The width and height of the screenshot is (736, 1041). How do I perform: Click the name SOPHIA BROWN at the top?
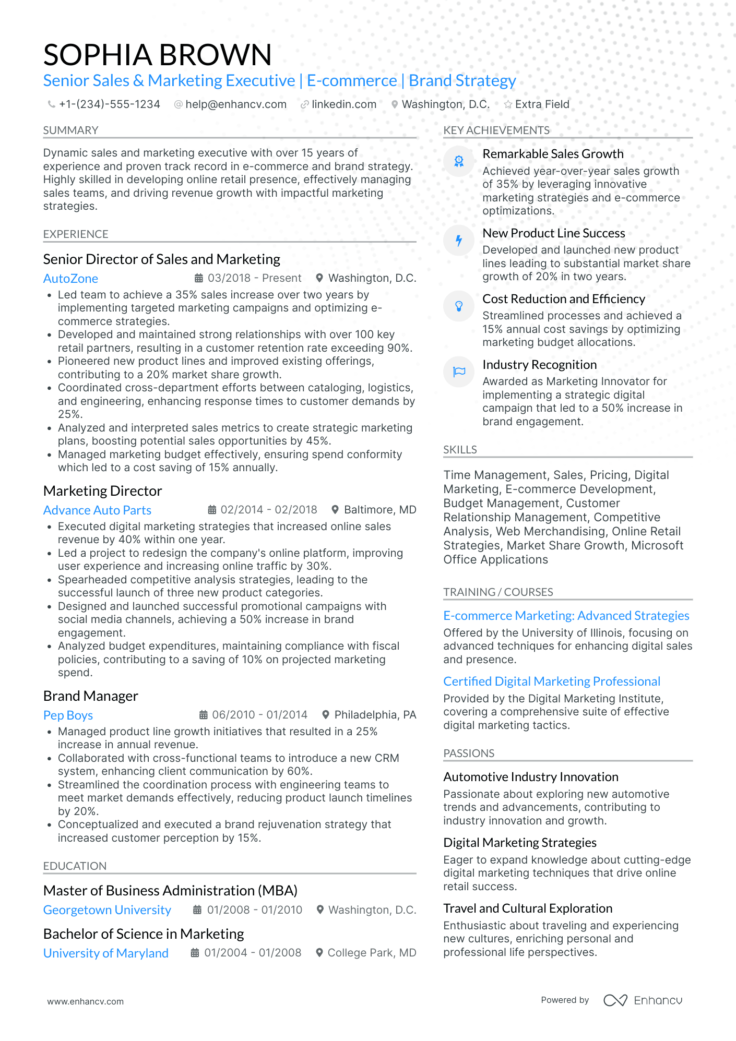click(x=157, y=55)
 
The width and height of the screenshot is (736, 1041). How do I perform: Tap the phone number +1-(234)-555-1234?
click(x=109, y=104)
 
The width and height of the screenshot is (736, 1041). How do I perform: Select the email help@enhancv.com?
click(x=235, y=104)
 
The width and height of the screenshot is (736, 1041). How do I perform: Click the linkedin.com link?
click(x=343, y=104)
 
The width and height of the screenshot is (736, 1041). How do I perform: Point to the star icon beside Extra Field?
click(x=508, y=104)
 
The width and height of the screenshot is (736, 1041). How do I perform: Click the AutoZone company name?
click(x=70, y=279)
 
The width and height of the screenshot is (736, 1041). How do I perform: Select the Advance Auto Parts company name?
click(x=97, y=510)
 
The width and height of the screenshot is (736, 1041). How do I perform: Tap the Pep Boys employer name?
click(x=68, y=715)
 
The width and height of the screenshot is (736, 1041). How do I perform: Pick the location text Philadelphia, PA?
click(x=375, y=715)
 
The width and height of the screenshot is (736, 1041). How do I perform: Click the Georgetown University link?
click(x=107, y=910)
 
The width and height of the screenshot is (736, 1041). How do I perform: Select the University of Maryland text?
click(x=105, y=953)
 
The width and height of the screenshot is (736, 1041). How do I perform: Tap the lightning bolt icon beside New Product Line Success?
click(x=459, y=241)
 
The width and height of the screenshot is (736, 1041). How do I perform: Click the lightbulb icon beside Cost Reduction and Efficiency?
click(x=459, y=306)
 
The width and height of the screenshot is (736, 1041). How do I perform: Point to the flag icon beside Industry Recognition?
click(x=459, y=372)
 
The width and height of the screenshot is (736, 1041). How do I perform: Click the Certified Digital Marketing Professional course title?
click(x=552, y=681)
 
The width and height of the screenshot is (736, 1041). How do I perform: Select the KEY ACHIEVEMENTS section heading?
click(x=496, y=130)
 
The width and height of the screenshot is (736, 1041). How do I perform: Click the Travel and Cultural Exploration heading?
click(x=528, y=908)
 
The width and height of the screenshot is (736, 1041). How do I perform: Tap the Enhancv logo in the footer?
click(x=643, y=1000)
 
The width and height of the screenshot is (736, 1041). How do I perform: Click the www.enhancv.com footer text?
click(x=86, y=1001)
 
